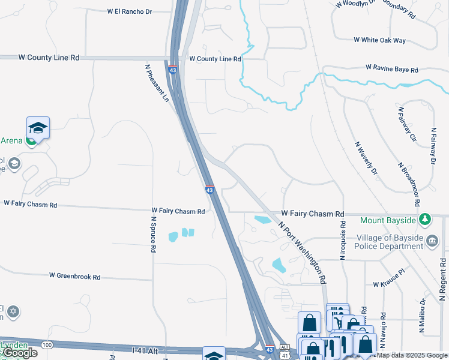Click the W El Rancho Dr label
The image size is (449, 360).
pos(130,11)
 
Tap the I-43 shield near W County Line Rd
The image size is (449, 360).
pos(173,70)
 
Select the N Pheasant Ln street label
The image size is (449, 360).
pos(157,83)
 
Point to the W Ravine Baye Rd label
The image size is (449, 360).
pos(391,70)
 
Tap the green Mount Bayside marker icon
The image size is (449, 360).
pos(426,220)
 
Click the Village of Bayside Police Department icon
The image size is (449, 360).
pos(432,241)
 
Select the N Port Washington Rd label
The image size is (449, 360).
pos(302,253)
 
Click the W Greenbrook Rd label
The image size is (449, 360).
pos(74,277)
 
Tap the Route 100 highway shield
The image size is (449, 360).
pos(46,343)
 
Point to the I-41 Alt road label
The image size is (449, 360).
pos(145,349)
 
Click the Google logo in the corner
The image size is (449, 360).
pos(19,353)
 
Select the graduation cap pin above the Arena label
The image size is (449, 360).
pos(38,128)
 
